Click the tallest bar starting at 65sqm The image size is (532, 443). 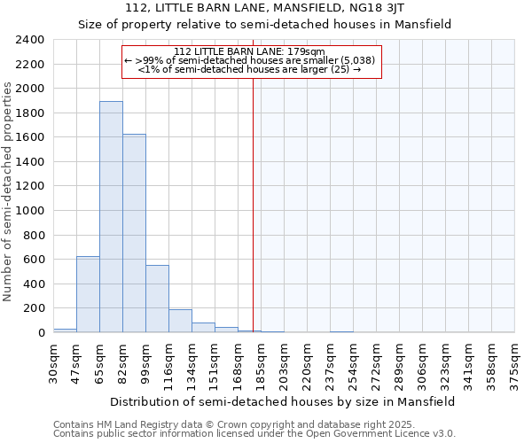[111, 217]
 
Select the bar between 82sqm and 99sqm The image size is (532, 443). [134, 233]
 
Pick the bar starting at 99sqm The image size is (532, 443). [157, 299]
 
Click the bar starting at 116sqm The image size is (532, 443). [180, 321]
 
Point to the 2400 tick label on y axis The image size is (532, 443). [30, 40]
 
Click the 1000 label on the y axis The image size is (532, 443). [30, 211]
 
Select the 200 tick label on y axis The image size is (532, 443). [34, 308]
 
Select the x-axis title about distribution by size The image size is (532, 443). [282, 401]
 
